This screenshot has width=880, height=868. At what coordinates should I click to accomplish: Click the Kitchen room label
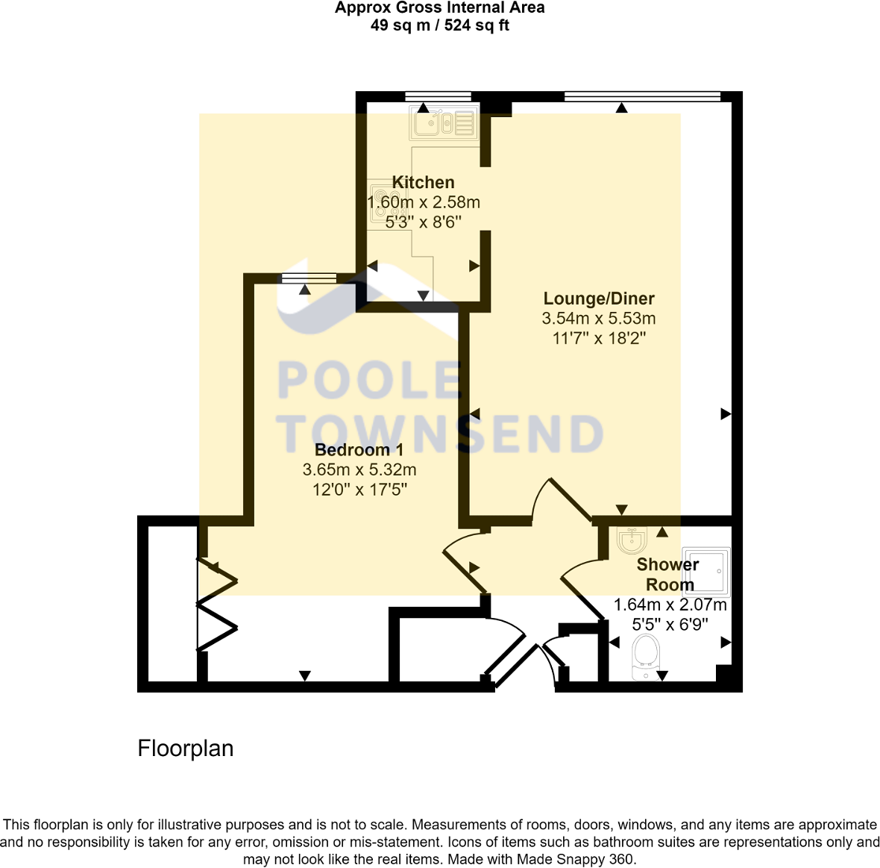point(423,183)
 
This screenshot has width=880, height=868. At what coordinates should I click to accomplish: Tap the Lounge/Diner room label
point(599,299)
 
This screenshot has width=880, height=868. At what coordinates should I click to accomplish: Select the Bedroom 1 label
point(359,450)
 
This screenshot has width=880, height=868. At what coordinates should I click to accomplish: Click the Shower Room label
point(668,575)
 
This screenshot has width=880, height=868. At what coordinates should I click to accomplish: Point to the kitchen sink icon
point(443,123)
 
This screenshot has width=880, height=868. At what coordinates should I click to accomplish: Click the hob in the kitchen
point(383,204)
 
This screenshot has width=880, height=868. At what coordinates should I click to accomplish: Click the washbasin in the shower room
point(632,540)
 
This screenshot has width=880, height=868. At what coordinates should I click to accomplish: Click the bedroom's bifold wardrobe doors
point(216,605)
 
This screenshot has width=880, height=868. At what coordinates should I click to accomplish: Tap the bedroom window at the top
point(309,278)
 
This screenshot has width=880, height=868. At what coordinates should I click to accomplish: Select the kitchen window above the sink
point(438,96)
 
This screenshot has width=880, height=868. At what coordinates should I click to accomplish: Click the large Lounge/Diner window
point(642,96)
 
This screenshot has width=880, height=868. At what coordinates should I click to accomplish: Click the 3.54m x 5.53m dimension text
point(599,319)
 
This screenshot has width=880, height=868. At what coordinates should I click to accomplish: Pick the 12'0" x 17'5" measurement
point(359,490)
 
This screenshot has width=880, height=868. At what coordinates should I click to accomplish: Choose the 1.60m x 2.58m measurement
point(424,202)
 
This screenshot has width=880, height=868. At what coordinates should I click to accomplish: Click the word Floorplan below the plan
point(186,749)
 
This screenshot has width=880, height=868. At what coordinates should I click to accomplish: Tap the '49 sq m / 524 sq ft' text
point(439,25)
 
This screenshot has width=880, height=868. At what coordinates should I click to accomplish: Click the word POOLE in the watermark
point(369,380)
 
